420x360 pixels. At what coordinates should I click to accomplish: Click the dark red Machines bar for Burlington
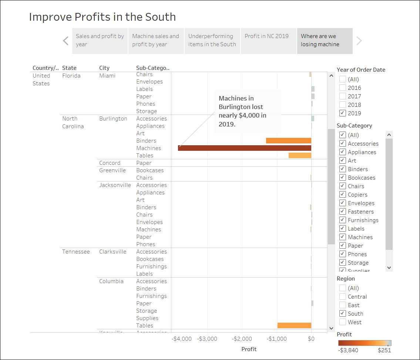(x=244, y=148)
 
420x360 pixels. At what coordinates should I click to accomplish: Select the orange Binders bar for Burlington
(x=288, y=140)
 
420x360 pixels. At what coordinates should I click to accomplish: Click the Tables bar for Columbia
(x=294, y=325)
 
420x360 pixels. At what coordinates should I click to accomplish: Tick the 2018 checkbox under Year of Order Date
(x=343, y=105)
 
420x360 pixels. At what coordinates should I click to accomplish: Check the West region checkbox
(x=343, y=322)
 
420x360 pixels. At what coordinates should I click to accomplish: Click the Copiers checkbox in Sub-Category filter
(x=343, y=194)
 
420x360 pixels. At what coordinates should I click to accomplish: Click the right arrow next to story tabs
(x=359, y=41)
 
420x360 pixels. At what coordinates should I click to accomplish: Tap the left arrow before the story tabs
(x=65, y=41)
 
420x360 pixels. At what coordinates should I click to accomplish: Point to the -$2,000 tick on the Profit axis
(x=242, y=339)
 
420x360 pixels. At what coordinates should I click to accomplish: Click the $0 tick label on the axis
(x=311, y=339)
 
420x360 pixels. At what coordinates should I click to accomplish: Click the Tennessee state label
(x=76, y=251)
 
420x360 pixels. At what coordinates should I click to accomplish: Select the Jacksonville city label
(x=115, y=185)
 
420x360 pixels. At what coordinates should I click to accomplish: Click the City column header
(x=104, y=68)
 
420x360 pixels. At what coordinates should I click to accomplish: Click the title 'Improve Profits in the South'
(x=102, y=17)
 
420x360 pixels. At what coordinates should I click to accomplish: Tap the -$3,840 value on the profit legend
(x=348, y=350)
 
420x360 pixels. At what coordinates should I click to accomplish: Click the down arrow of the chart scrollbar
(x=331, y=328)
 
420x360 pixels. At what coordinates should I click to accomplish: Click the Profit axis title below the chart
(x=249, y=349)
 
